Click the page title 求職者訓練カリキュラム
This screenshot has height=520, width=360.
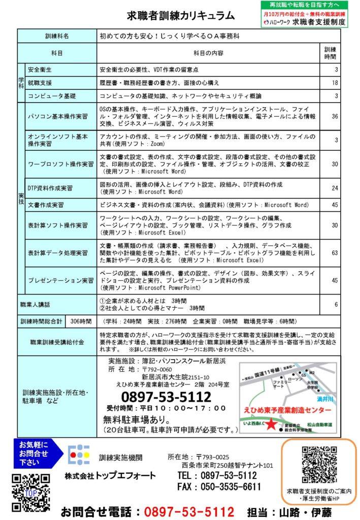(181, 16)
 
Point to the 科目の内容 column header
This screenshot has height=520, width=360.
(208, 53)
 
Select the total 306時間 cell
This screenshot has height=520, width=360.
(82, 321)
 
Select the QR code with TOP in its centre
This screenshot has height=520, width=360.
(31, 493)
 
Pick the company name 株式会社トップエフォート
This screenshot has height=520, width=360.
(110, 475)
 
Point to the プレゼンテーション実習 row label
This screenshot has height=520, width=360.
(61, 280)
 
